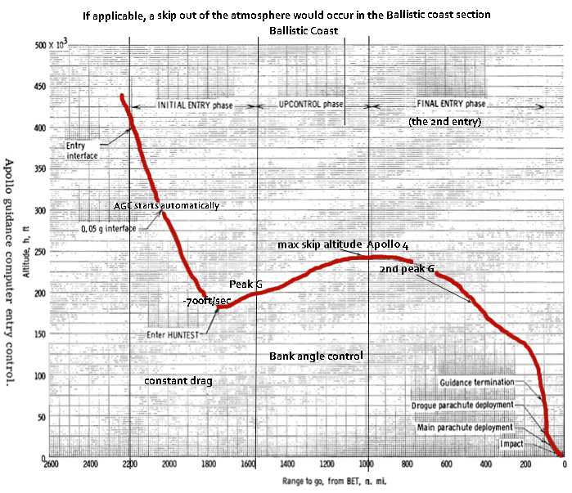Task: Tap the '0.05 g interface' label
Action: (x=109, y=230)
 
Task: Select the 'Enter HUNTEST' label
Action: (x=174, y=334)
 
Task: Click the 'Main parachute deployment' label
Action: (x=465, y=427)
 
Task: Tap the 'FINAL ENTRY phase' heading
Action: (x=439, y=105)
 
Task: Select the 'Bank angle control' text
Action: (x=316, y=356)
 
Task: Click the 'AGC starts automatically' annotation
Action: (x=167, y=205)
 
